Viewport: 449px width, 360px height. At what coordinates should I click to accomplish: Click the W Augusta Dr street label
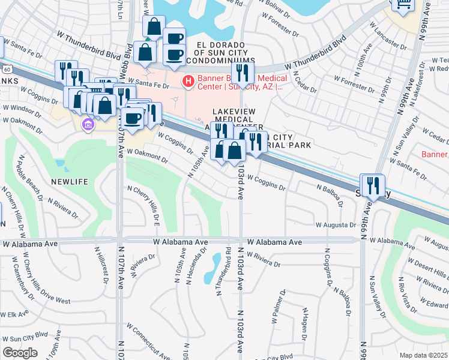[336, 225]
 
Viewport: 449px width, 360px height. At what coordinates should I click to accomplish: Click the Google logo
[20, 353]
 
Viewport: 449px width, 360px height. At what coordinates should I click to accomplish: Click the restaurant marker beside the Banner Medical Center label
[243, 73]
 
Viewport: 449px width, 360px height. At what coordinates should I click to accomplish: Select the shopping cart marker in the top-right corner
[403, 3]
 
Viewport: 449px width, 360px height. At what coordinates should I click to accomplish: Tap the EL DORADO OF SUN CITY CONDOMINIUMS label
[220, 53]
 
